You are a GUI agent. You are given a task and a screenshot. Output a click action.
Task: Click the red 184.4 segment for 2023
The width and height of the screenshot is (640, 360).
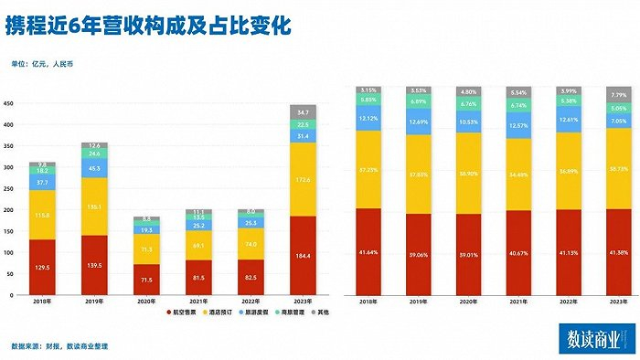pyautogui.click(x=303, y=256)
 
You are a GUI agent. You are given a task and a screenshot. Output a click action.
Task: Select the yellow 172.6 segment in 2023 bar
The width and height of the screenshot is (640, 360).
pyautogui.click(x=303, y=179)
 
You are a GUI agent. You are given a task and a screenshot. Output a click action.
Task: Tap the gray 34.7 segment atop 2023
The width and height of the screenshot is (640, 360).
pyautogui.click(x=303, y=111)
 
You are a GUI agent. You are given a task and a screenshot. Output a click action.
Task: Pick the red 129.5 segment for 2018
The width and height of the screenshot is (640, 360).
pyautogui.click(x=42, y=267)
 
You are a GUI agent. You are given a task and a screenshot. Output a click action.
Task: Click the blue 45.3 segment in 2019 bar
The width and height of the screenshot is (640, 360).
pyautogui.click(x=94, y=167)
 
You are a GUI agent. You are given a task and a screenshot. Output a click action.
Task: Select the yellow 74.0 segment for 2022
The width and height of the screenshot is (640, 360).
pyautogui.click(x=251, y=245)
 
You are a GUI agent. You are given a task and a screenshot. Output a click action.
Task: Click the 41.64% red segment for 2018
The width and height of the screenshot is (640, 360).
pyautogui.click(x=368, y=251)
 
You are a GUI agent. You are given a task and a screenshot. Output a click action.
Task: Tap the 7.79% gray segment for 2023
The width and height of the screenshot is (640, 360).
pyautogui.click(x=618, y=93)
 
